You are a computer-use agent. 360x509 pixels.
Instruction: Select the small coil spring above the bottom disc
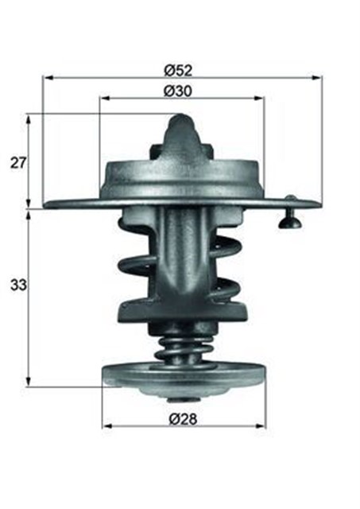(x=183, y=347)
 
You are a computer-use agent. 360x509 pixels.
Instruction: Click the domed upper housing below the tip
(x=182, y=173)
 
